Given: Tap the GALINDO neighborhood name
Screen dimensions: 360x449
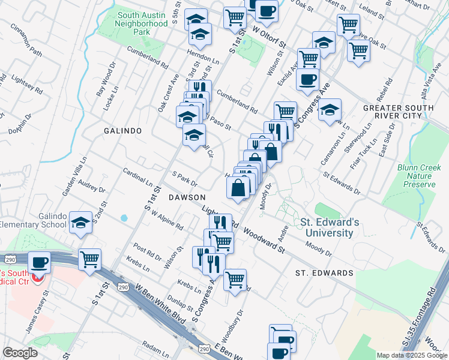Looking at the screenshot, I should (x=122, y=130).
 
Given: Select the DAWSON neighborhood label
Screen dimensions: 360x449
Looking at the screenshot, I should (x=187, y=197).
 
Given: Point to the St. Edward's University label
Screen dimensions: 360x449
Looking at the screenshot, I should (x=331, y=227).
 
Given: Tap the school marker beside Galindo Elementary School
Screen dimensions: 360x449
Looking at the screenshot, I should (x=80, y=223).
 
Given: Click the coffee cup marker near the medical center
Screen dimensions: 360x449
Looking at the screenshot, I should (x=40, y=262).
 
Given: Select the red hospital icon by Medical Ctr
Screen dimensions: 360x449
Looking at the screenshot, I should (x=38, y=278).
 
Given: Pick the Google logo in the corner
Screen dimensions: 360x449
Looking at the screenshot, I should (x=20, y=353).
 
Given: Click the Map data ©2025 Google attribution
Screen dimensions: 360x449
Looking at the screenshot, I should (x=412, y=355).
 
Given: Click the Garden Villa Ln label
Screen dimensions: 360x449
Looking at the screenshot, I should (x=76, y=175).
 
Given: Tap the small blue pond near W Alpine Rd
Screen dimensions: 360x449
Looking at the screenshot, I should (x=124, y=218).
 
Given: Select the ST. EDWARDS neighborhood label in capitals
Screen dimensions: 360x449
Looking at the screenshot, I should (x=324, y=273).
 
